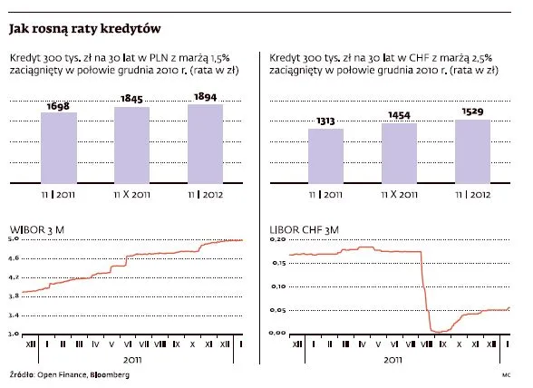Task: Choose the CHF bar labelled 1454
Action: (x=399, y=151)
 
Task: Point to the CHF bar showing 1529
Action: (x=472, y=150)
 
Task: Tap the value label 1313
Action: (x=325, y=121)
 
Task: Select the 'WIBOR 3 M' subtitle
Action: (x=37, y=230)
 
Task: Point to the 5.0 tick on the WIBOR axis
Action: (x=14, y=239)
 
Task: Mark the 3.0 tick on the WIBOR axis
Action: (x=14, y=334)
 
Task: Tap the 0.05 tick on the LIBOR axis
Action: (x=279, y=310)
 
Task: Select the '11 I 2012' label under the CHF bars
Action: (x=472, y=194)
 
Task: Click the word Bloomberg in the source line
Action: (x=96, y=375)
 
